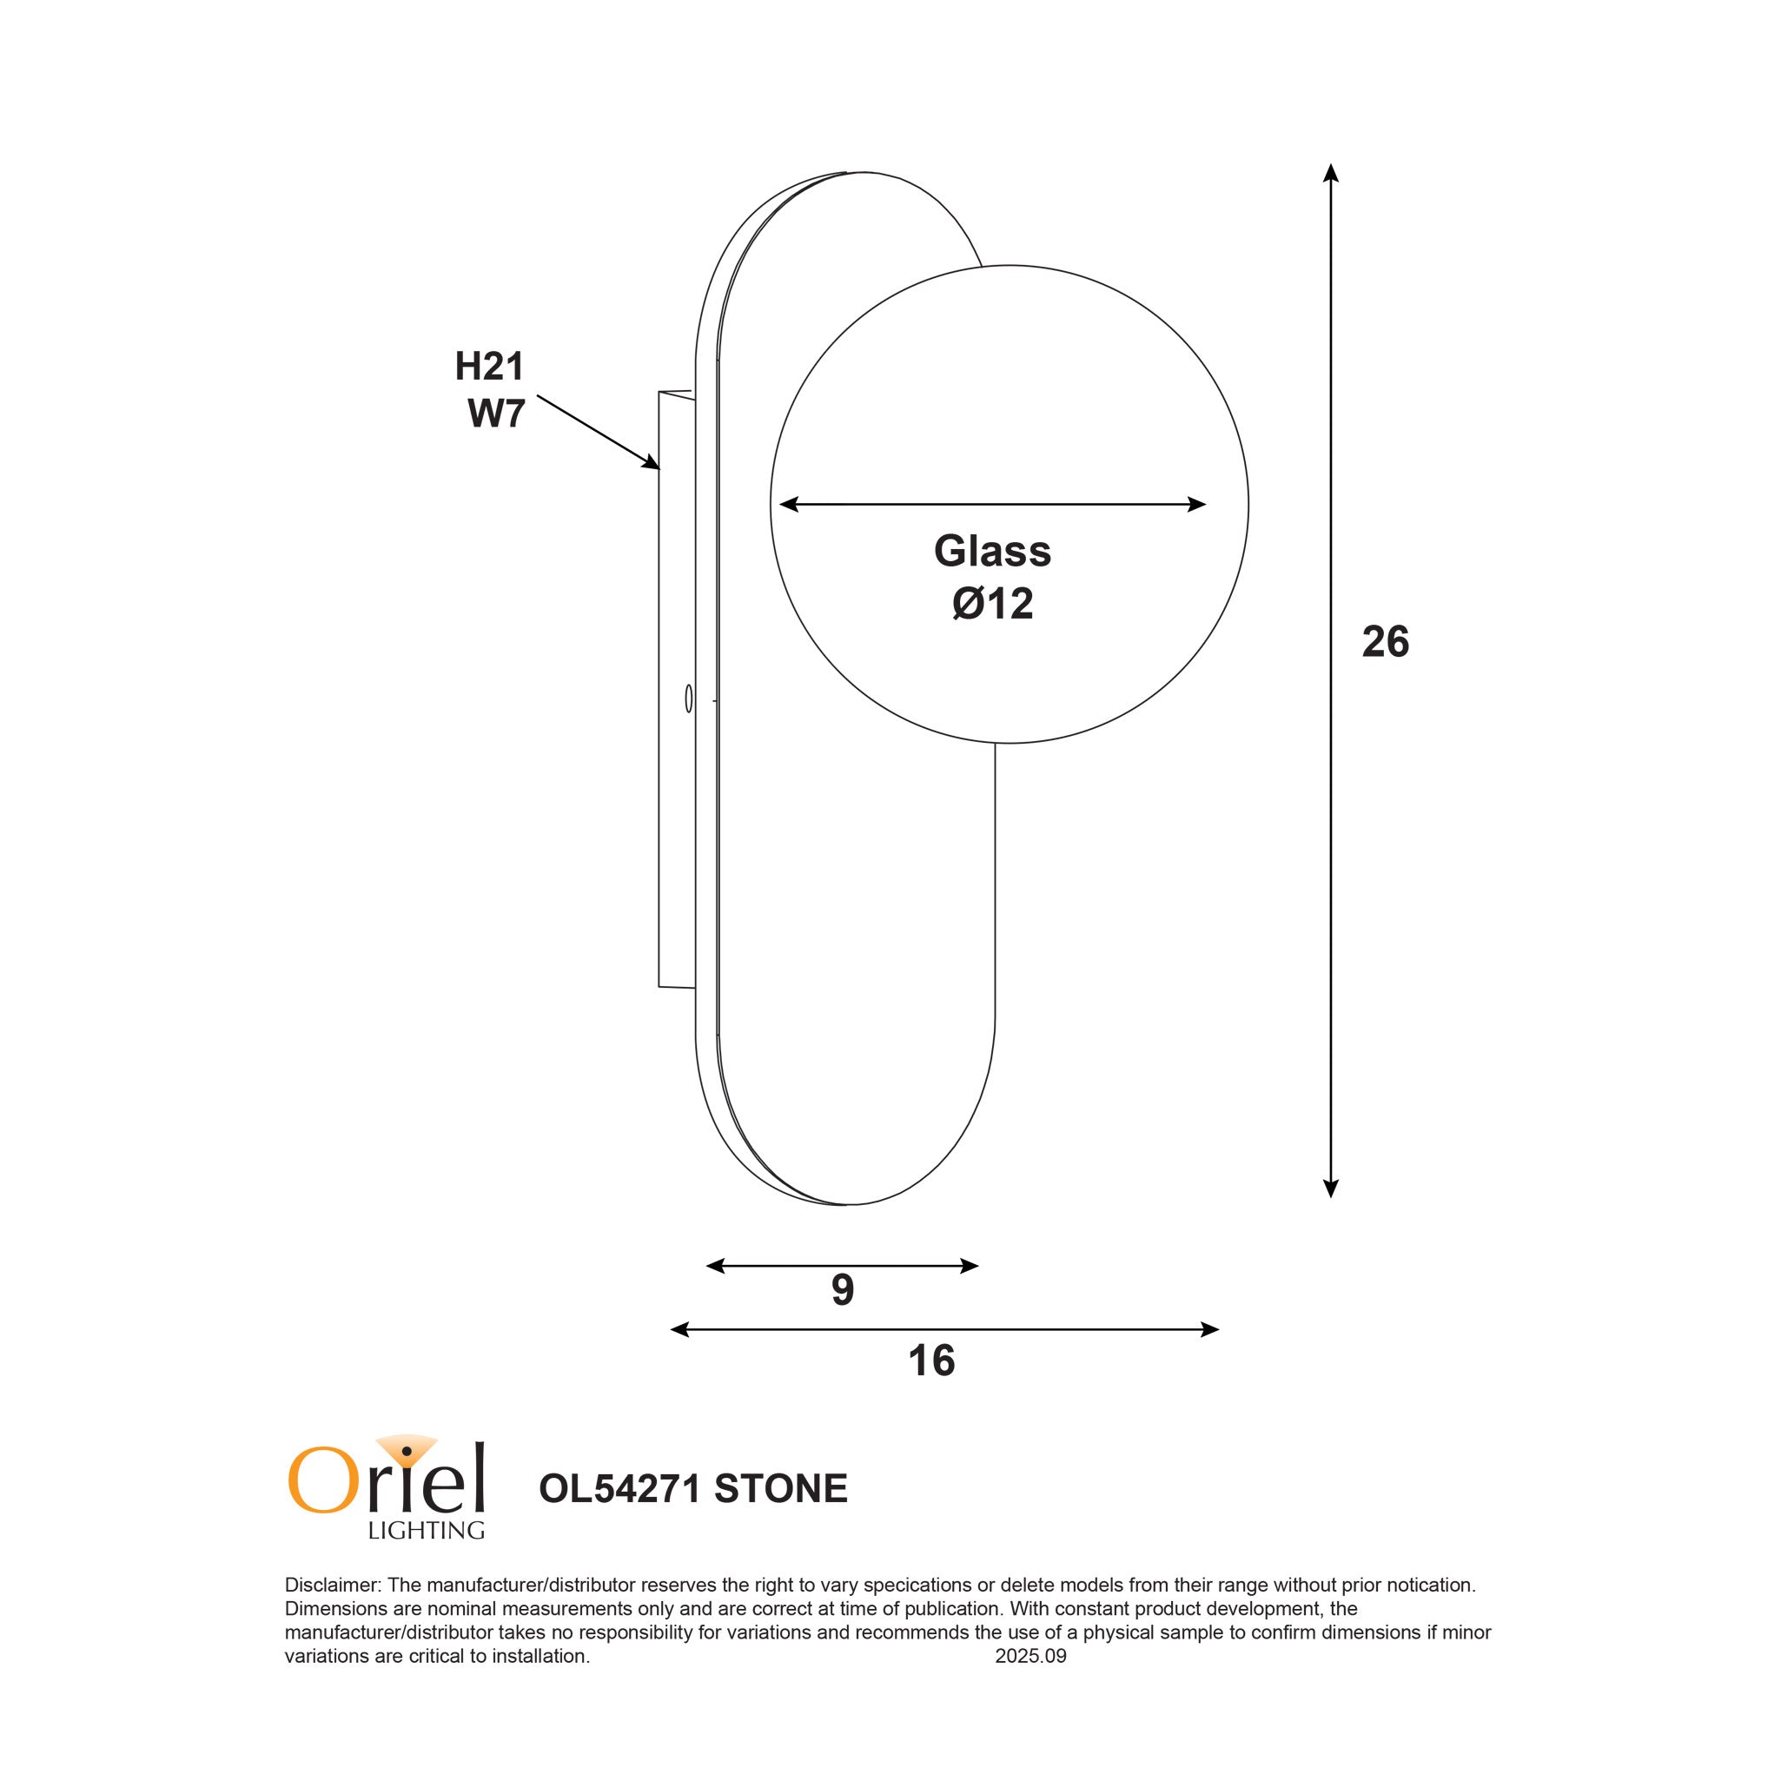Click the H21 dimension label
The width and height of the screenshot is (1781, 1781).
click(488, 367)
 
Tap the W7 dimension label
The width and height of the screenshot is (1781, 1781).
click(496, 414)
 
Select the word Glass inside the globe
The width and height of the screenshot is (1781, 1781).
click(992, 552)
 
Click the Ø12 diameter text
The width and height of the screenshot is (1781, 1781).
click(993, 605)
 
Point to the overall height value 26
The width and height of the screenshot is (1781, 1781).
click(1385, 643)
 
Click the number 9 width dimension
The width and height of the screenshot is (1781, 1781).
click(842, 1291)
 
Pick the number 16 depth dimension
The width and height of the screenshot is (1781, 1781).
click(931, 1361)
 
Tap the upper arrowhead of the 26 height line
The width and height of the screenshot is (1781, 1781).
click(1330, 172)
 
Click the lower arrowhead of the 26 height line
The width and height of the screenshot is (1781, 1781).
click(1330, 1189)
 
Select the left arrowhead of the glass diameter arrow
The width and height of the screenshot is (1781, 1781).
click(789, 504)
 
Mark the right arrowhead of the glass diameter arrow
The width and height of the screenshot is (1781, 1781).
click(1197, 504)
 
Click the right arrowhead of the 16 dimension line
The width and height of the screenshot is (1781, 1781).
click(1210, 1329)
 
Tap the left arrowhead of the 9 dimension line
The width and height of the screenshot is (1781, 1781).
click(715, 1266)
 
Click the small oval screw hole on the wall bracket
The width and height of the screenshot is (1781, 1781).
click(689, 698)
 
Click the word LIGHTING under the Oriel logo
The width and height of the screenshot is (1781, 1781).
click(426, 1531)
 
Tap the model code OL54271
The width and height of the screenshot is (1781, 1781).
click(620, 1489)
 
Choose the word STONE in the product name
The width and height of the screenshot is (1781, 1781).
click(780, 1489)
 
